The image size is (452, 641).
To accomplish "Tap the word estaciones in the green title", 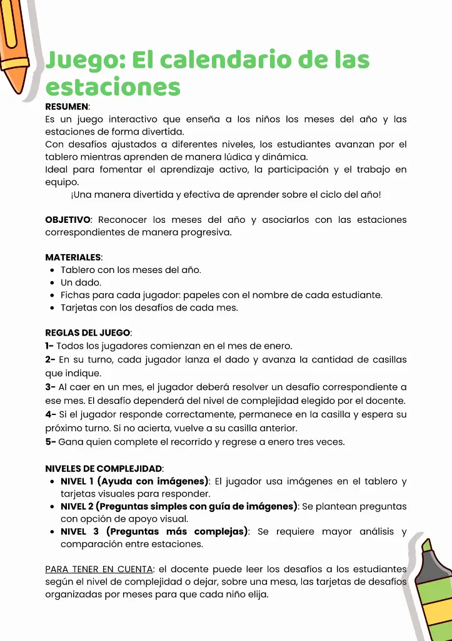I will (113, 86).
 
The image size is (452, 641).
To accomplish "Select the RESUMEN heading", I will (67, 107).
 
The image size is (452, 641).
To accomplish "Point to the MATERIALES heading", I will (73, 257).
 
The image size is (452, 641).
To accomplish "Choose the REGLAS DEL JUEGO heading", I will (88, 333).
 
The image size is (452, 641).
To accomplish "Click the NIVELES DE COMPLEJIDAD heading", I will (104, 468).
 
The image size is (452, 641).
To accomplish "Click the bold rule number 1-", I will (49, 346).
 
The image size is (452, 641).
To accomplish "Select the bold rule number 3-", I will (50, 387).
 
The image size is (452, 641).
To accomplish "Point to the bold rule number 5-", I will (50, 441).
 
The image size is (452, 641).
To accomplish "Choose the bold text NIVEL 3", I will (79, 531).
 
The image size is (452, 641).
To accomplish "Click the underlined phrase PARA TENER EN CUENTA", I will (99, 570).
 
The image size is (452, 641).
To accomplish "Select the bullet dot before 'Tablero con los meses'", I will (51, 270).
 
